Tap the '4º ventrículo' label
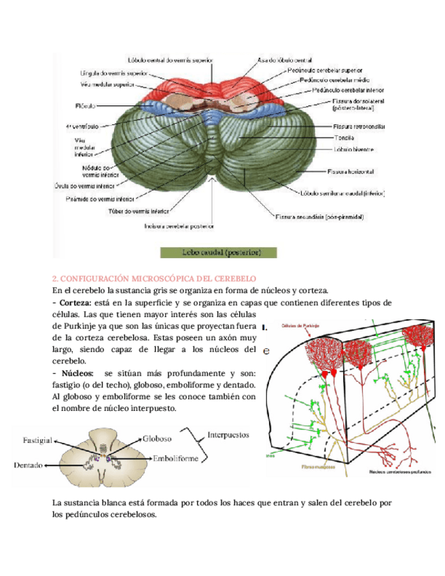[x=82, y=126]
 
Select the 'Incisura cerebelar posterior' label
[x=179, y=227]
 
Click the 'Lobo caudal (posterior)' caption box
[x=219, y=252]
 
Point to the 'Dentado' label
[x=28, y=465]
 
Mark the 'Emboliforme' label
[x=175, y=458]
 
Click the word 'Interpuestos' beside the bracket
[x=228, y=433]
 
